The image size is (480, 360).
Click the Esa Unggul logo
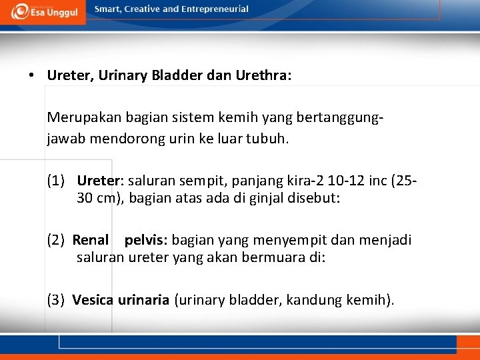coord(43,12)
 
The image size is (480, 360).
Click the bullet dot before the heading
coord(32,75)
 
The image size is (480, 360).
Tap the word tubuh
coord(269,139)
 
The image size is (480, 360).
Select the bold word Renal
coord(91,239)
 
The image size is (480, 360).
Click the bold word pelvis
coord(143,239)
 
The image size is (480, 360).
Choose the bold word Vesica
coord(93,300)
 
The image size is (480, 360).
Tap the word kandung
coord(314,300)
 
